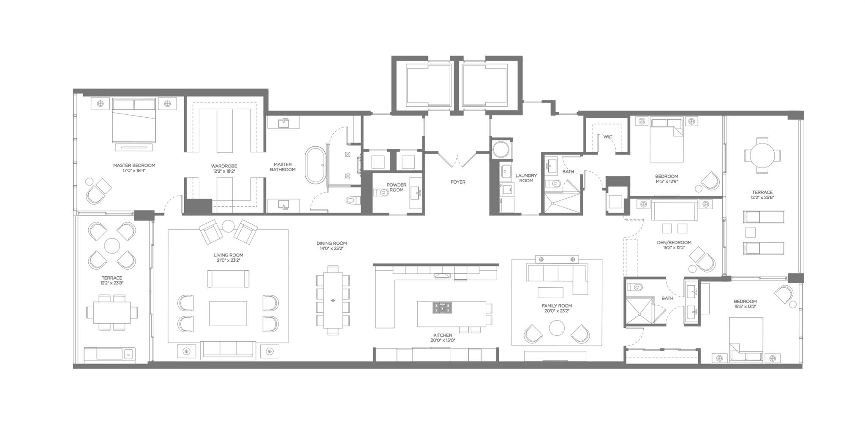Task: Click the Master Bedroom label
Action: (x=134, y=165)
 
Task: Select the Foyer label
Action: (x=458, y=182)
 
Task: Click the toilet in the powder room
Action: (x=381, y=192)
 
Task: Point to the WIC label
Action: (x=608, y=137)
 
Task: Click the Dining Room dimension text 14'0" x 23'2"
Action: (x=332, y=248)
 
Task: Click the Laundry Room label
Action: (x=526, y=178)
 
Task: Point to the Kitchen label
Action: (x=443, y=335)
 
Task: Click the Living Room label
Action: (x=228, y=255)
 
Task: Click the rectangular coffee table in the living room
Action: (x=228, y=313)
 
